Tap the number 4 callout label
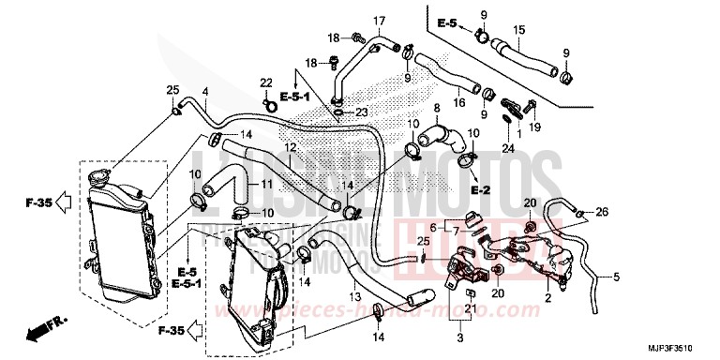(x=204, y=91)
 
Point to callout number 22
(x=266, y=82)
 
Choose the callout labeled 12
(x=291, y=147)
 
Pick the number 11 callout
(x=265, y=183)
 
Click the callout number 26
(x=602, y=213)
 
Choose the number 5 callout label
(x=617, y=277)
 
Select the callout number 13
(x=355, y=297)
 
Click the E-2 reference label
(x=481, y=190)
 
